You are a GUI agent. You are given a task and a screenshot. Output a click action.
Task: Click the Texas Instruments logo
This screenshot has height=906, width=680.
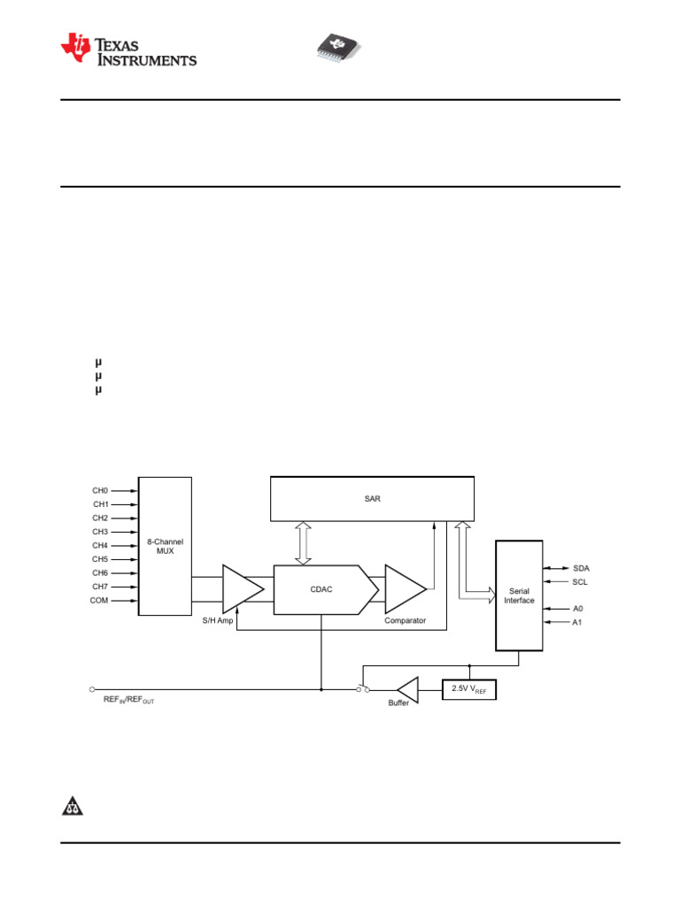pyautogui.click(x=128, y=50)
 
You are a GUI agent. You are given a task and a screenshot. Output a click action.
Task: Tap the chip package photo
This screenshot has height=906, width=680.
pyautogui.click(x=338, y=47)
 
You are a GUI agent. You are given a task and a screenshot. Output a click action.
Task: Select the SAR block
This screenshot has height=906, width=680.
pyautogui.click(x=373, y=499)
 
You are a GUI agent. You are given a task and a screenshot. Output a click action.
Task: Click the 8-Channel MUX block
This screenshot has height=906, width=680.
pyautogui.click(x=165, y=546)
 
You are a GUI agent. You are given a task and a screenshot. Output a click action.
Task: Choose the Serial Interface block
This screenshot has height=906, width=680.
pyautogui.click(x=519, y=595)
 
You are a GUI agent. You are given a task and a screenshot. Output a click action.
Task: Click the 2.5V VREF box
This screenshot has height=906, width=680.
pyautogui.click(x=469, y=689)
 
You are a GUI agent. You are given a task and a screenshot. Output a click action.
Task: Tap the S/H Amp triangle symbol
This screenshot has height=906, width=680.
pyautogui.click(x=243, y=588)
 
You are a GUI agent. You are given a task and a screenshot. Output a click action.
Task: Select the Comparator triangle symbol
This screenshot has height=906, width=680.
pyautogui.click(x=406, y=588)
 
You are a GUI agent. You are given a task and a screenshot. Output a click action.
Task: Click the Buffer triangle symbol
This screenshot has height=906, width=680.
pyautogui.click(x=408, y=690)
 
